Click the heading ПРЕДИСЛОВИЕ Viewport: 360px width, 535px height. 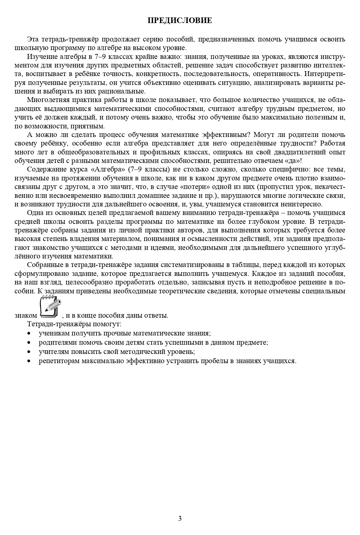coord(180,21)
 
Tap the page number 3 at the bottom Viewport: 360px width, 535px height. coord(180,519)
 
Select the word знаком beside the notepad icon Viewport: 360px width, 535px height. coord(26,315)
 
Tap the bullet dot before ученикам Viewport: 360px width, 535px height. coord(30,334)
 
